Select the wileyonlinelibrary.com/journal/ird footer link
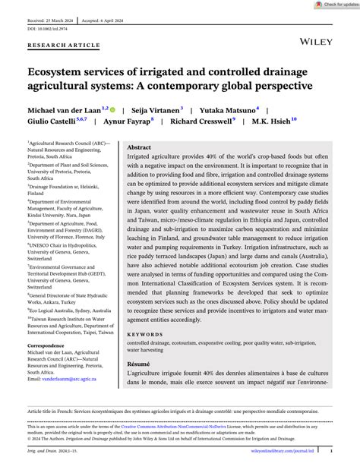(295, 449)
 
